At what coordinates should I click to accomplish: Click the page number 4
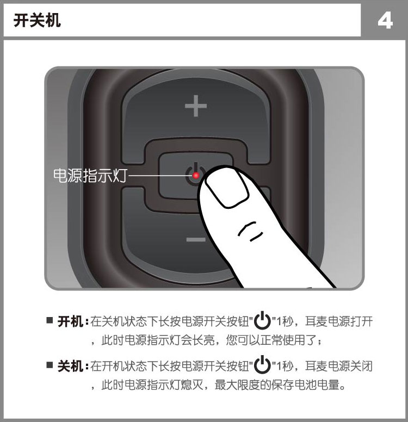pyautogui.click(x=384, y=21)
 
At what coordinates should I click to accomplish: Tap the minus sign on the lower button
pyautogui.click(x=195, y=239)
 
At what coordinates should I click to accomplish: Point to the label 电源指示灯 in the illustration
pyautogui.click(x=90, y=176)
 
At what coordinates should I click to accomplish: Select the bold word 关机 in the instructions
pyautogui.click(x=70, y=365)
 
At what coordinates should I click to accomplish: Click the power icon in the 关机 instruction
pyautogui.click(x=263, y=364)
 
